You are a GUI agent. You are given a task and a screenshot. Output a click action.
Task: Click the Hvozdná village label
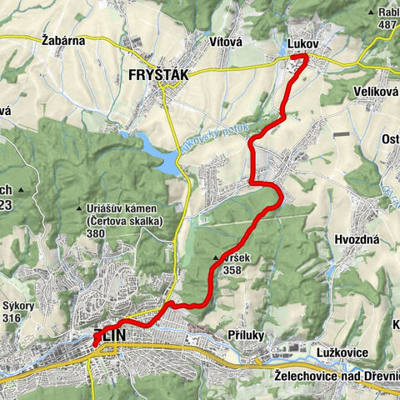pos(357,238)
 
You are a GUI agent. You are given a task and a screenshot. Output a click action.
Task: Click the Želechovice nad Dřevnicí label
pos(337,376)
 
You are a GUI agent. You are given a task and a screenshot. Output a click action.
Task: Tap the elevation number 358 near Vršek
pos(232,270)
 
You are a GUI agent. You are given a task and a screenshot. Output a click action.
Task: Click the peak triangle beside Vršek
pos(217,258)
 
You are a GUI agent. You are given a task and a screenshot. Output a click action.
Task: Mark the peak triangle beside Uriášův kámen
pos(79,207)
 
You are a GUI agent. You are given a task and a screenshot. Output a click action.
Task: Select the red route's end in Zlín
pos(95,343)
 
